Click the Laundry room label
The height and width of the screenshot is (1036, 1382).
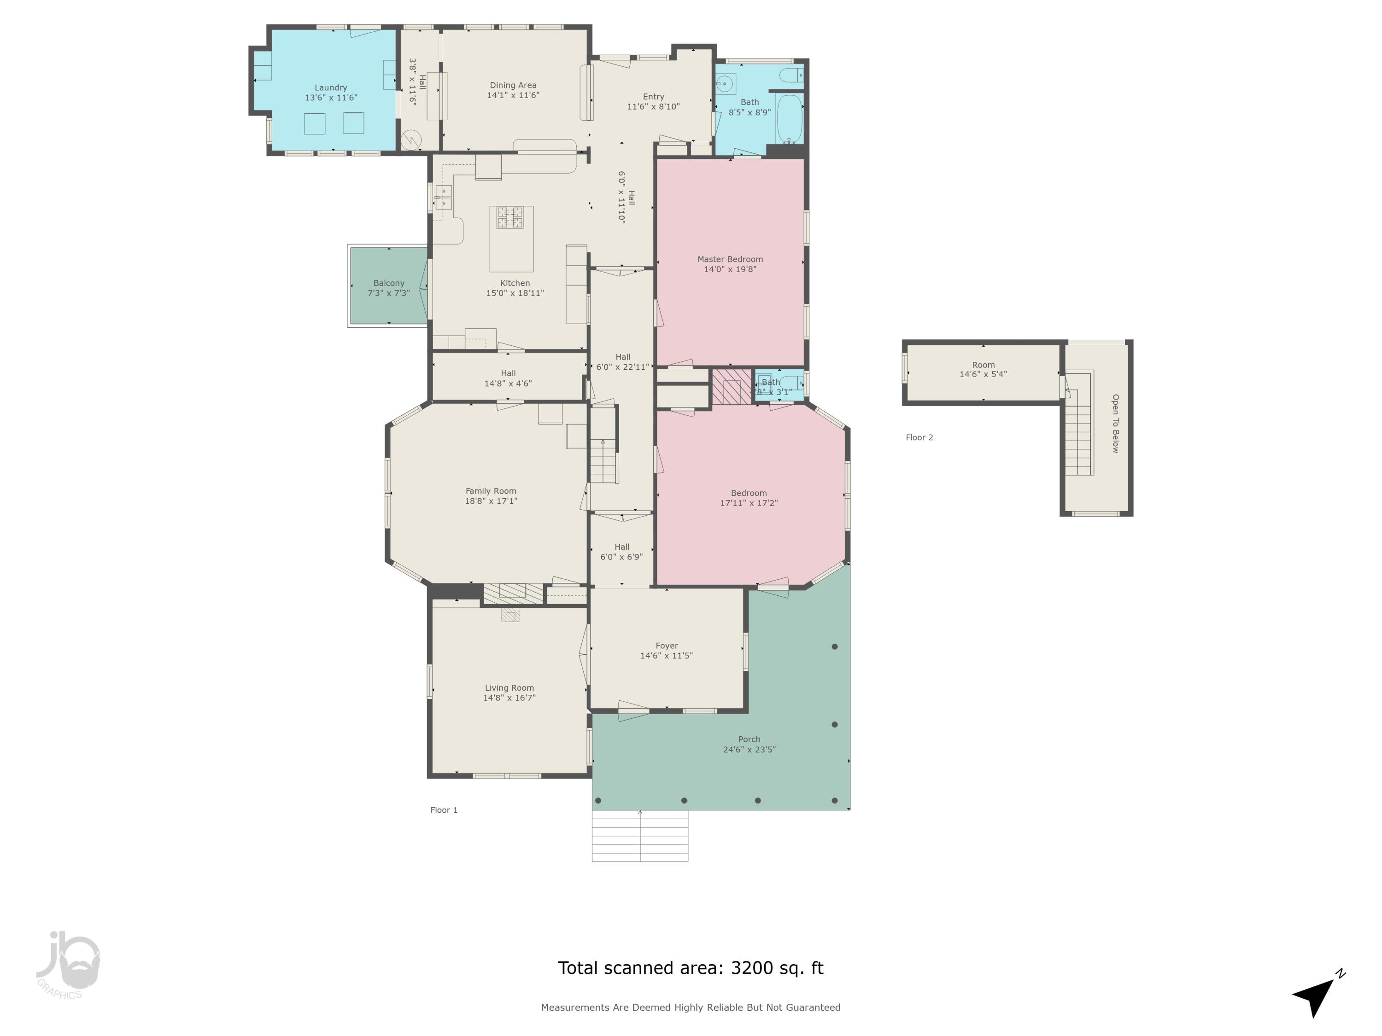[330, 88]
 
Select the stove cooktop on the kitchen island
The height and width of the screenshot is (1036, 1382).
[510, 218]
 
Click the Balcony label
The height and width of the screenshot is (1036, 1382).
[389, 283]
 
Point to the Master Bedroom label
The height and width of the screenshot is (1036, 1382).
[730, 259]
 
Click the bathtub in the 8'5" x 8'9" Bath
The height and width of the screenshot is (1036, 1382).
[789, 119]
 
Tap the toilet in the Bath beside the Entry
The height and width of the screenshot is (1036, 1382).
[791, 76]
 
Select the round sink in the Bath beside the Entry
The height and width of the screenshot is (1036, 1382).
[725, 83]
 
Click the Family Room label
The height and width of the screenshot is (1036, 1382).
[491, 491]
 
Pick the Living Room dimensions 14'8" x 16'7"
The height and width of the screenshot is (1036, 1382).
[509, 698]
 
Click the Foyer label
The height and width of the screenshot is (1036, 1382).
[667, 646]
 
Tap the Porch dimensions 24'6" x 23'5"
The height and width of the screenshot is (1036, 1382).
[749, 749]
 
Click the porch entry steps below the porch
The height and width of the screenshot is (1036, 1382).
[640, 836]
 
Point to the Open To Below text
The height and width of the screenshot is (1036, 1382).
[1115, 424]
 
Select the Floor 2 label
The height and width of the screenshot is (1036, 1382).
[919, 437]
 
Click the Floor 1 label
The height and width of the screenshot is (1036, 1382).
[444, 810]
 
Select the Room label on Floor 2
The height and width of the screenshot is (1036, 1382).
[983, 365]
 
